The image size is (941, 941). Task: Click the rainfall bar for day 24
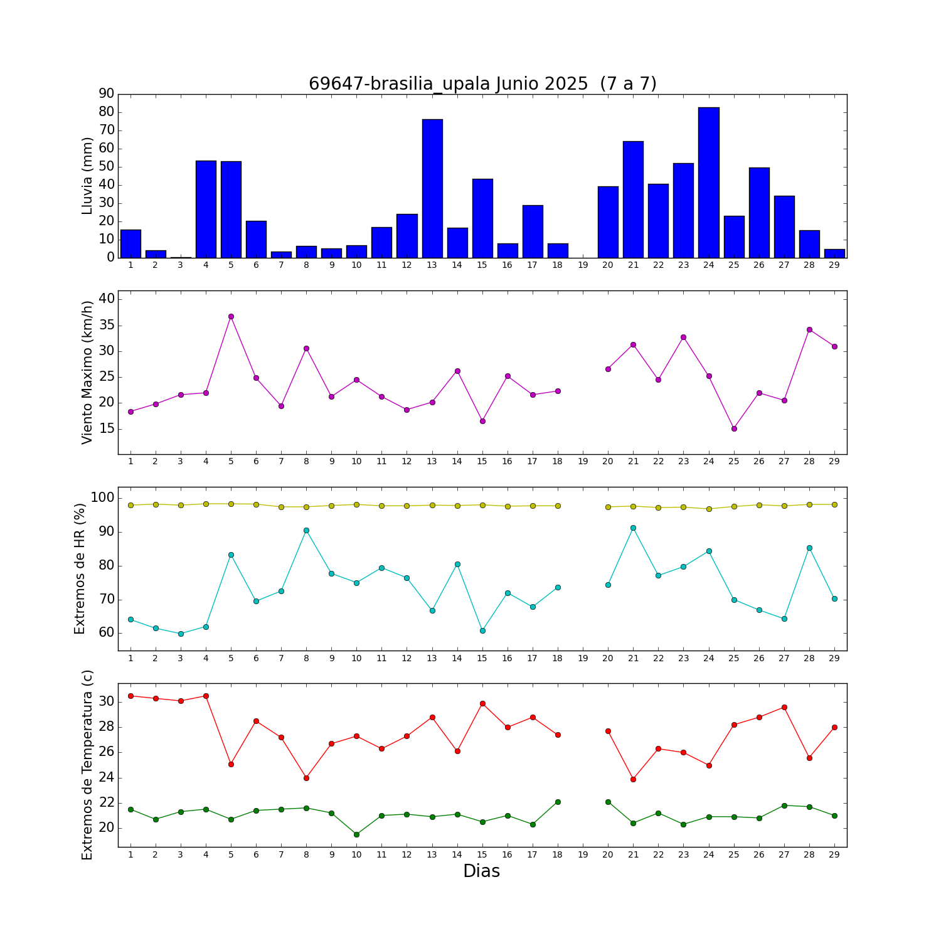click(x=708, y=182)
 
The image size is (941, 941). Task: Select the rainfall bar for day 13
click(x=432, y=188)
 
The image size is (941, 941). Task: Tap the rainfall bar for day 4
click(x=206, y=209)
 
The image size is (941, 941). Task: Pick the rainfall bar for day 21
click(x=633, y=199)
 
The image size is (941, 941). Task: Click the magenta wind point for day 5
click(x=231, y=316)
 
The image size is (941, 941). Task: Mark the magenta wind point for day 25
click(x=734, y=428)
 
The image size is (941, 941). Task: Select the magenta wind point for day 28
click(x=809, y=329)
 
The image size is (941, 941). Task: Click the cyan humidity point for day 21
click(x=633, y=528)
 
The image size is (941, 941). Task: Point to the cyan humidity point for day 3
click(x=181, y=634)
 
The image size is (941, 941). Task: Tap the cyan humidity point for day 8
click(x=306, y=530)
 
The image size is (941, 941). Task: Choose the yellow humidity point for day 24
click(x=709, y=509)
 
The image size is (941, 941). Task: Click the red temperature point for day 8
click(x=306, y=778)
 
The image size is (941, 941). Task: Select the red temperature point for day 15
click(x=482, y=703)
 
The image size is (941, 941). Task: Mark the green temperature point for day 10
click(x=356, y=834)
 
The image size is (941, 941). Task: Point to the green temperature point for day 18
click(x=558, y=802)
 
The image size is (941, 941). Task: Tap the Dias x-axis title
click(x=481, y=871)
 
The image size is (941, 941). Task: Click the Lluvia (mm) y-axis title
click(x=87, y=176)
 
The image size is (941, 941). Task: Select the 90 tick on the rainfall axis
click(x=107, y=94)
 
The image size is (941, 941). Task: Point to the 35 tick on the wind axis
click(x=107, y=325)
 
